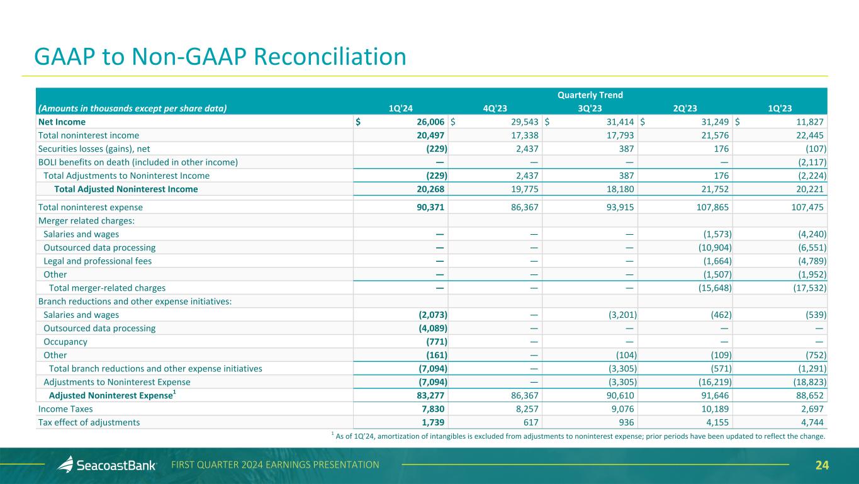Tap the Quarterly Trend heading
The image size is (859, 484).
click(x=590, y=95)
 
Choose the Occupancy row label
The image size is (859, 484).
click(x=65, y=342)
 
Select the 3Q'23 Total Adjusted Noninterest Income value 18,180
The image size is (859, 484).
click(x=617, y=189)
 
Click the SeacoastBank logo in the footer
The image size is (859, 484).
click(x=107, y=465)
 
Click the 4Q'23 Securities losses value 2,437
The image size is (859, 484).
click(x=524, y=149)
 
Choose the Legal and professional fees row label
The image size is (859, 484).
click(x=98, y=261)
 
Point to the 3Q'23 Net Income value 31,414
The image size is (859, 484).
click(x=617, y=122)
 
